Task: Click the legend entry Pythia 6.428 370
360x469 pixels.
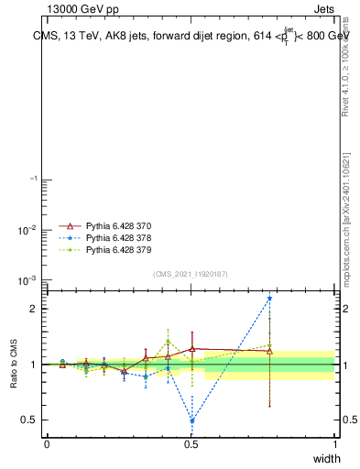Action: click(119, 224)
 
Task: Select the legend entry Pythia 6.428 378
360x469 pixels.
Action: click(119, 236)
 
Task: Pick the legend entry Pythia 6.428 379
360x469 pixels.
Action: click(119, 249)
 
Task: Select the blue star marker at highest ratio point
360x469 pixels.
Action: click(269, 298)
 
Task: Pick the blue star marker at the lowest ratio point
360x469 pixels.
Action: click(191, 420)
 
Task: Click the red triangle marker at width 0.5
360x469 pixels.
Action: click(191, 349)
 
